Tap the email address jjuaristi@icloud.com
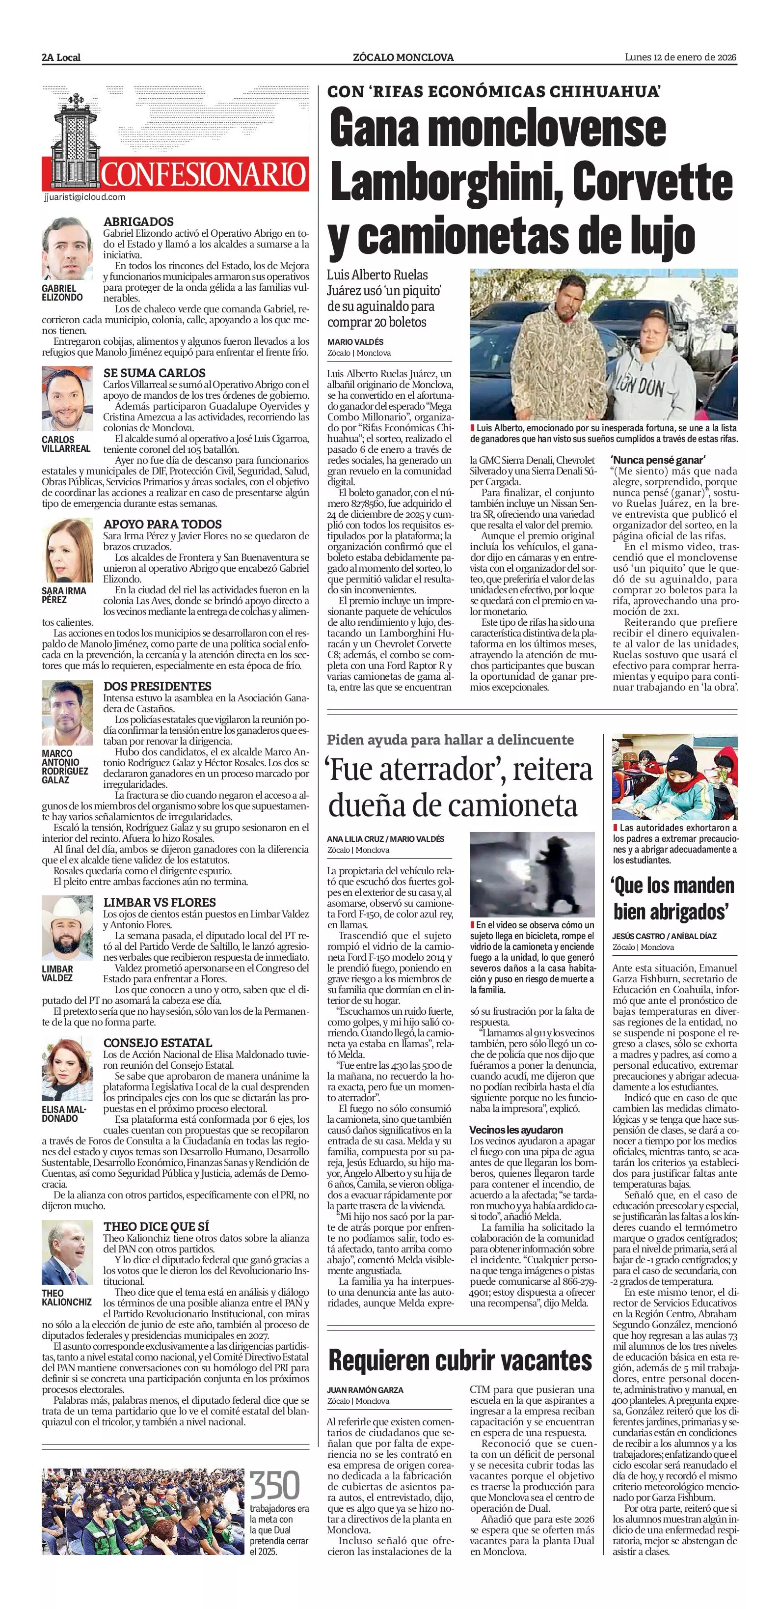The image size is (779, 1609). (85, 197)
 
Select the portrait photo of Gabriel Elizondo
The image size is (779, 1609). (67, 249)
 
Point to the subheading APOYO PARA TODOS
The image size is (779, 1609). (162, 524)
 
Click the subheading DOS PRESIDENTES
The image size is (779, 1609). (157, 686)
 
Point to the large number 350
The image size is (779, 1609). (275, 1485)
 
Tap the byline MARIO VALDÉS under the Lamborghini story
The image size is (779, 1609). (355, 342)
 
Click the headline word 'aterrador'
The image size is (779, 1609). (425, 769)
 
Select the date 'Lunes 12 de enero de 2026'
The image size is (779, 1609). (680, 57)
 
